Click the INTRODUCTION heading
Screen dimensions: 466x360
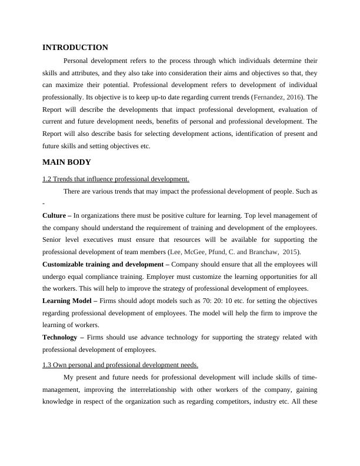[75, 48]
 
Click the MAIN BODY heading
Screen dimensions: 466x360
[66, 162]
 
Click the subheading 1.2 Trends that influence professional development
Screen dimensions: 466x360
[116, 179]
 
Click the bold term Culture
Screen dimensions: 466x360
[54, 215]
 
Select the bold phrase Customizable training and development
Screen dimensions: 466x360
[102, 265]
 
